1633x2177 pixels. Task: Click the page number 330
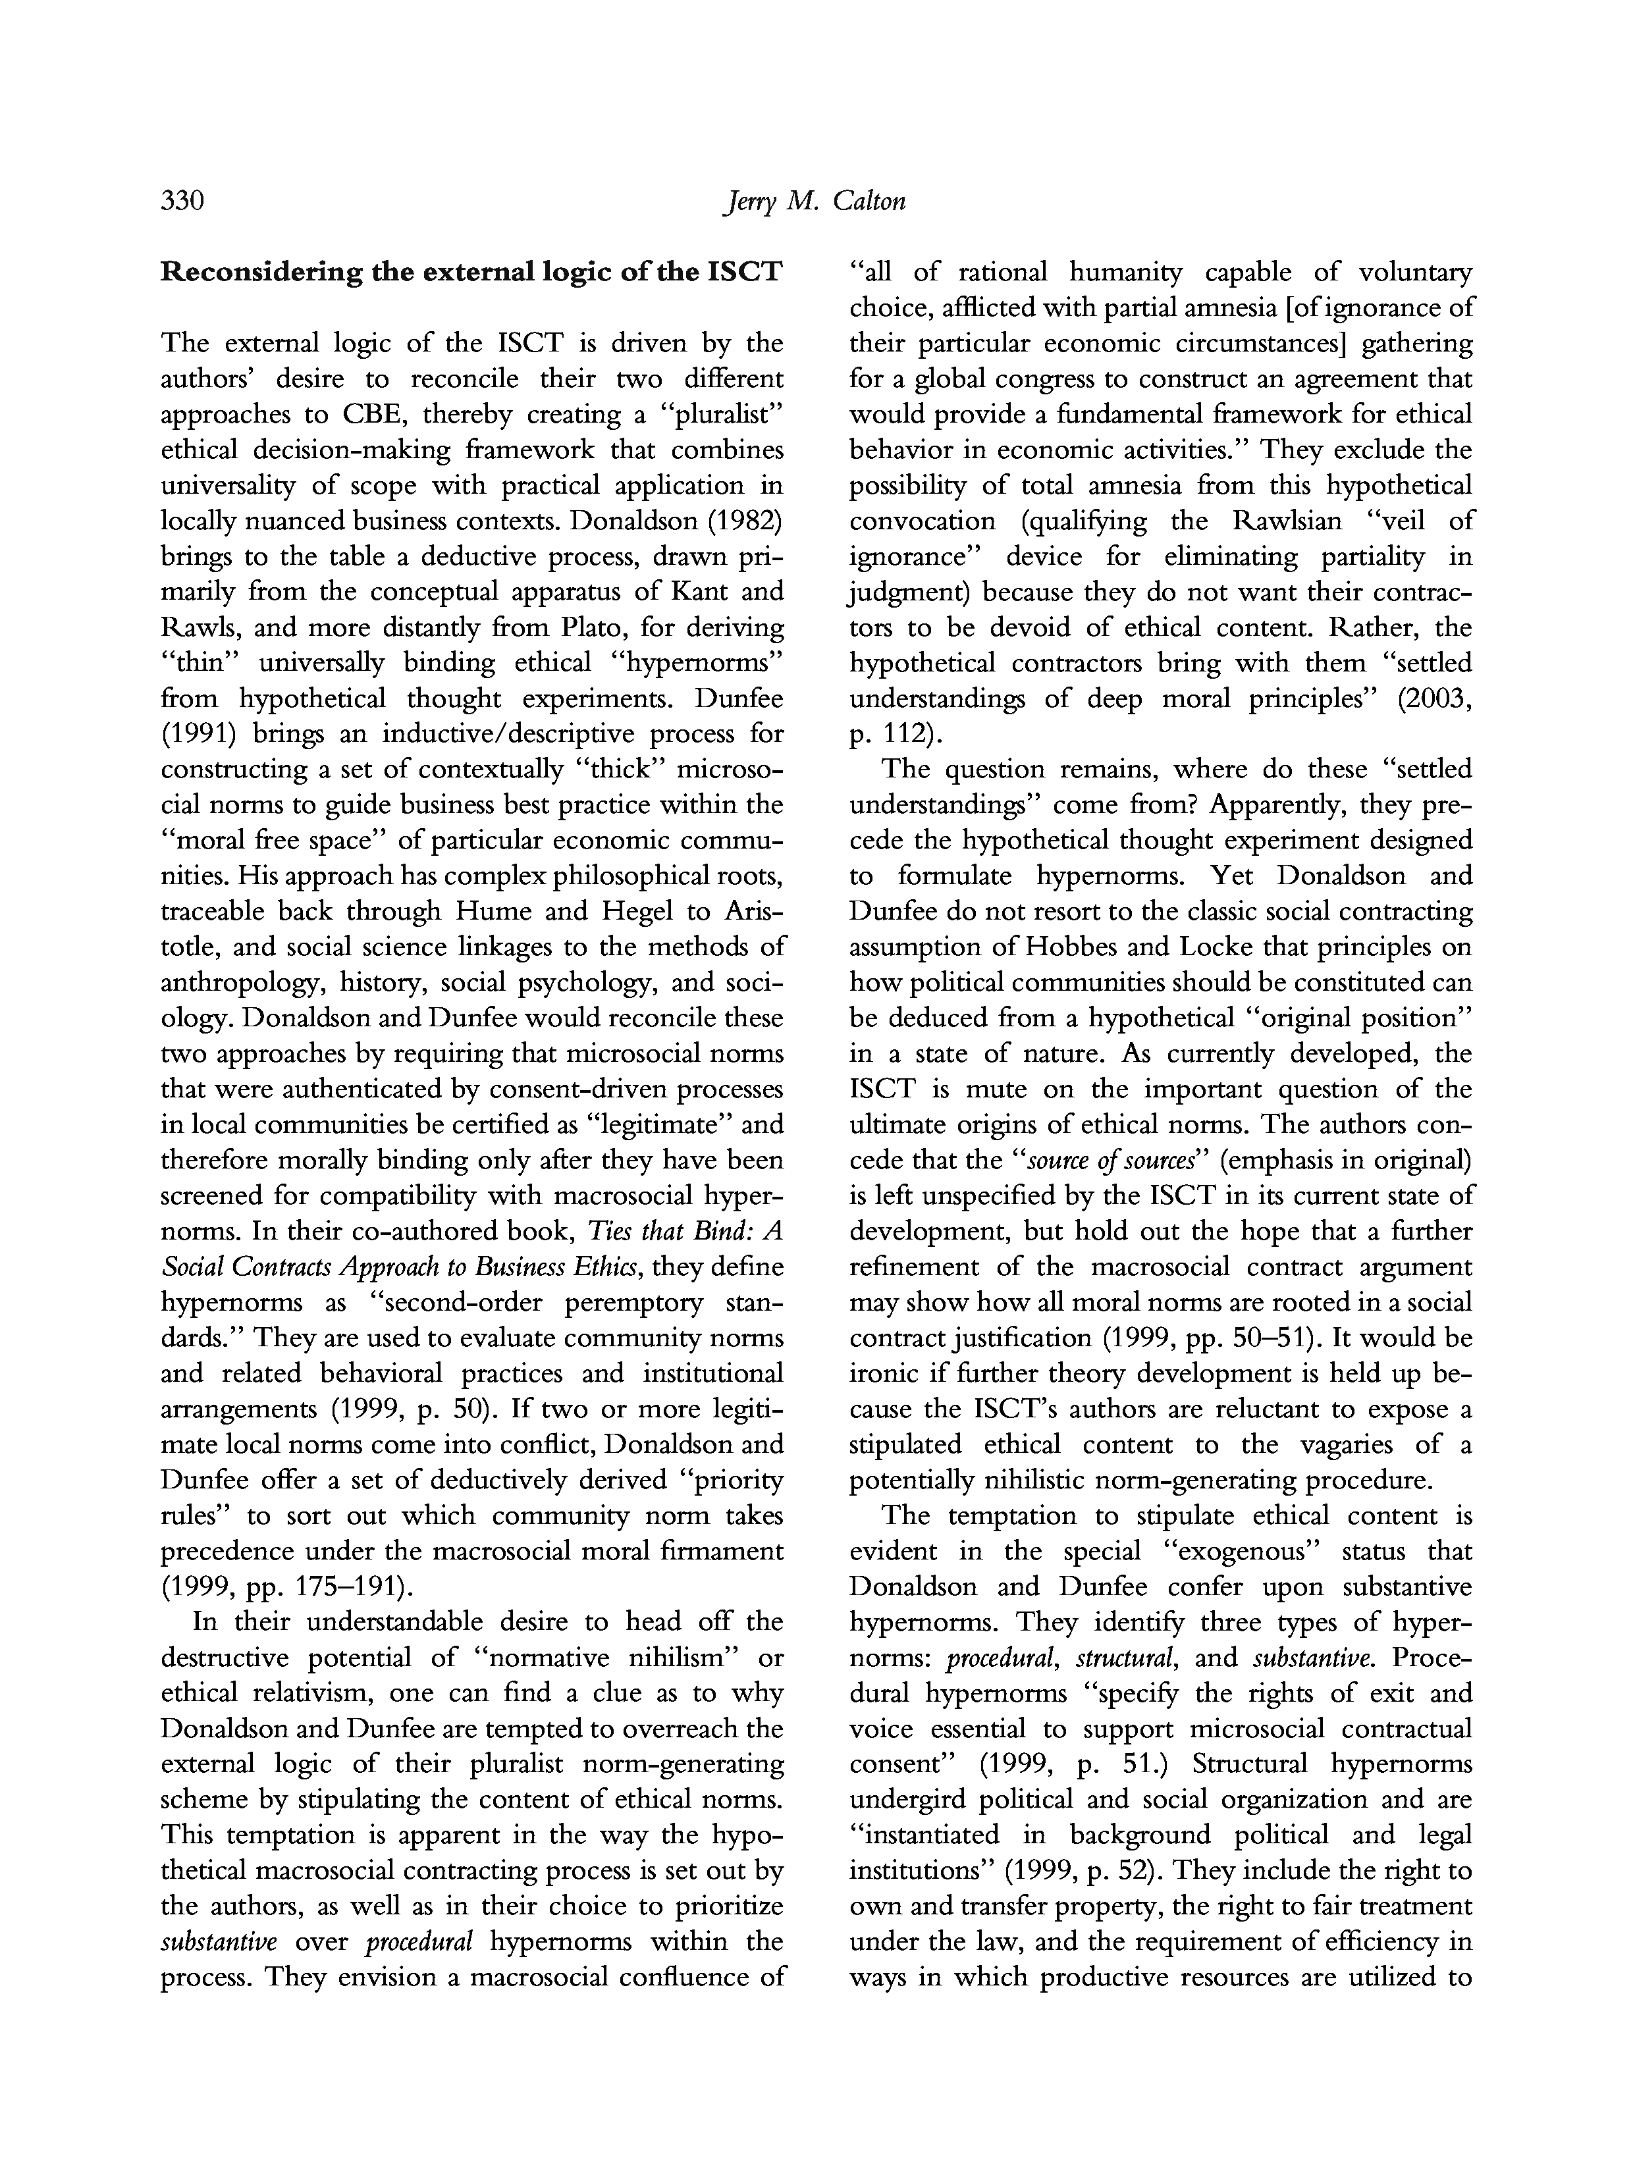pyautogui.click(x=182, y=201)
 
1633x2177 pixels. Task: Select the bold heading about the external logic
pyautogui.click(x=473, y=272)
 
